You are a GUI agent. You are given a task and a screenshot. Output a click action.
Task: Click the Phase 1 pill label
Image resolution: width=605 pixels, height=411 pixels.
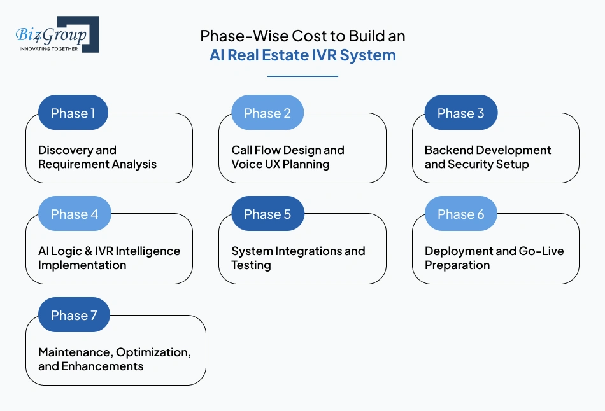click(73, 113)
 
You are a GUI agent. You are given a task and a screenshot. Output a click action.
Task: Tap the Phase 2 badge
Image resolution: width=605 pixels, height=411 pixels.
click(267, 113)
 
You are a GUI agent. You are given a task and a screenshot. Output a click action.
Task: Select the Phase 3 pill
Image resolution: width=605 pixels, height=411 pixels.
click(460, 113)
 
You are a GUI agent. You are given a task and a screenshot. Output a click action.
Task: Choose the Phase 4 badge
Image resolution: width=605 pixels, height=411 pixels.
click(75, 214)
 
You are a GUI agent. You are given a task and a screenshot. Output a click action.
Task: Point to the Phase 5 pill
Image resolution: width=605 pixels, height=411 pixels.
click(267, 214)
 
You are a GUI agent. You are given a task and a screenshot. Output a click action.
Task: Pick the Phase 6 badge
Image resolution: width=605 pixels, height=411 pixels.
click(460, 214)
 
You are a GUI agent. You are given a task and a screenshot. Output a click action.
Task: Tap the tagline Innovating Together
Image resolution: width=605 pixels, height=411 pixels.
click(48, 48)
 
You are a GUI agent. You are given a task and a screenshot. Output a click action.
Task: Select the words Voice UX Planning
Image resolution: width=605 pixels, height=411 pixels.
click(280, 164)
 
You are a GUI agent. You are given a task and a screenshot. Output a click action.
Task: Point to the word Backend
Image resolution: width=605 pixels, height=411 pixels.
click(449, 150)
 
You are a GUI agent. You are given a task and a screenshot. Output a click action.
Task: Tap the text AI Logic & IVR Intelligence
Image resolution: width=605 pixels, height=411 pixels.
click(109, 251)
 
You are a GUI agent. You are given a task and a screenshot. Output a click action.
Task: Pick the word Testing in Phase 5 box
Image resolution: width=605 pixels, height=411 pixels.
click(251, 265)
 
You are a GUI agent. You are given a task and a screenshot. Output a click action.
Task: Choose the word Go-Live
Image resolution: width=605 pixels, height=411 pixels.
click(541, 251)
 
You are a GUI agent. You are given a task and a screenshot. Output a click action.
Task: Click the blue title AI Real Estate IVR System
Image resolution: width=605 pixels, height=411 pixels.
click(302, 55)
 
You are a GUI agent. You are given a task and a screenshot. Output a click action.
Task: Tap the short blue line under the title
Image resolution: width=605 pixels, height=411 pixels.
click(302, 76)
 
